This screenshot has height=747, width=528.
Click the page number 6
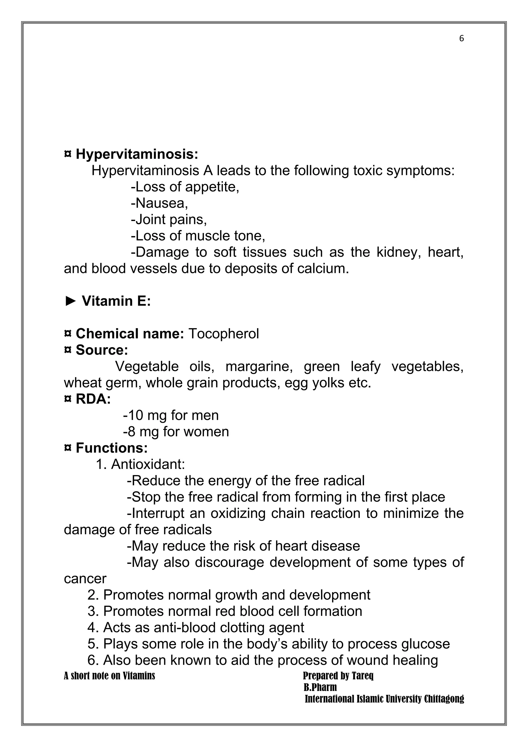pyautogui.click(x=461, y=39)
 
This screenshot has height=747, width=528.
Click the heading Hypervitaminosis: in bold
pyautogui.click(x=137, y=154)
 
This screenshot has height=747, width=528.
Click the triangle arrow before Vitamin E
pyautogui.click(x=70, y=301)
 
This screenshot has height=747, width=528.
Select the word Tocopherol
pyautogui.click(x=224, y=334)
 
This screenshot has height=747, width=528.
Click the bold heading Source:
pyautogui.click(x=102, y=350)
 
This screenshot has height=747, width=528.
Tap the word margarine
pyautogui.click(x=259, y=367)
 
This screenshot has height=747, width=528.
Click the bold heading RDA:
pyautogui.click(x=93, y=399)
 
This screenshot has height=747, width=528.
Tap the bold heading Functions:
pyautogui.click(x=112, y=448)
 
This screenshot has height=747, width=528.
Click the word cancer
pyautogui.click(x=85, y=579)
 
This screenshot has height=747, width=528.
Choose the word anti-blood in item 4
pyautogui.click(x=185, y=628)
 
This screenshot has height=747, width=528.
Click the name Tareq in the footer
pyautogui.click(x=362, y=676)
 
